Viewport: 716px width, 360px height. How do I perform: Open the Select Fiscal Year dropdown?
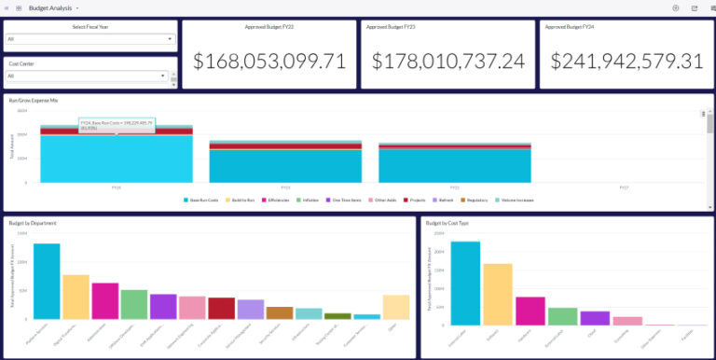(89, 39)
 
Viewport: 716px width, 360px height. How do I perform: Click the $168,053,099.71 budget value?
(269, 62)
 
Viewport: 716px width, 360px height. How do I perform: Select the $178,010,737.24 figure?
(448, 62)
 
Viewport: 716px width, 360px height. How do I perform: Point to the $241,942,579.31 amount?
(626, 62)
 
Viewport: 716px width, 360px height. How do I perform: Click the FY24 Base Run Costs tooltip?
(117, 125)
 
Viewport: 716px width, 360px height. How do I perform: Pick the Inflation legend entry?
(309, 201)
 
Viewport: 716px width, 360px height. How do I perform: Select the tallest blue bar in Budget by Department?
(47, 282)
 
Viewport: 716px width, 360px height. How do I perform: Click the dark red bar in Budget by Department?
(221, 309)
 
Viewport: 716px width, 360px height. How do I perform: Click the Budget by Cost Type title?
(447, 224)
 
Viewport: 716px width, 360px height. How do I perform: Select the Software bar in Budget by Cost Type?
(498, 294)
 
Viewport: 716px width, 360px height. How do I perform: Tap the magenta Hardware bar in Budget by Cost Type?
(530, 311)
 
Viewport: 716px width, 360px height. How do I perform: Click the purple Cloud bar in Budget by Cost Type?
(595, 318)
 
